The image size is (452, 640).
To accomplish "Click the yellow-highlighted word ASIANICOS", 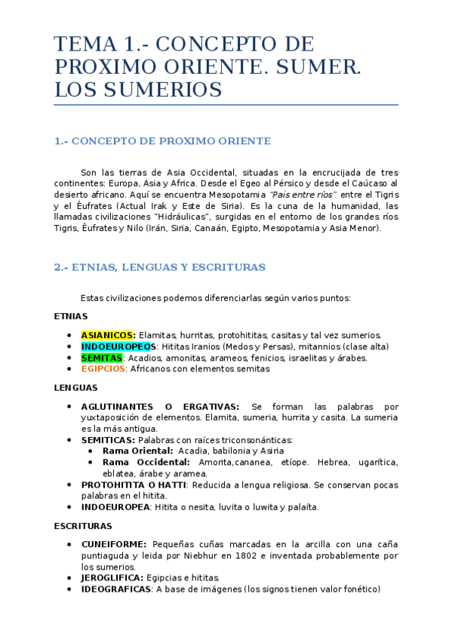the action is point(108,335).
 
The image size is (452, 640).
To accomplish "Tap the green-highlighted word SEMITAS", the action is point(103,358).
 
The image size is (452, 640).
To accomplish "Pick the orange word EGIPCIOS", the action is point(103,369).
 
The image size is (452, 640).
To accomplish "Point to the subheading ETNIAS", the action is point(71,316).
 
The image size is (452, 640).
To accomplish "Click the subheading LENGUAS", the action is point(75,388).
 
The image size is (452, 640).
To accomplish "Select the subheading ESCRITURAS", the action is point(83,525).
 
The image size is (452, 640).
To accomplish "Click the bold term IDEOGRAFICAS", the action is point(116,589).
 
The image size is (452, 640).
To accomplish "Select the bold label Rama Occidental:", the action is point(146,462).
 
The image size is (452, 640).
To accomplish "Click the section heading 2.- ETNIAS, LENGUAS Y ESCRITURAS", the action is point(160,267).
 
